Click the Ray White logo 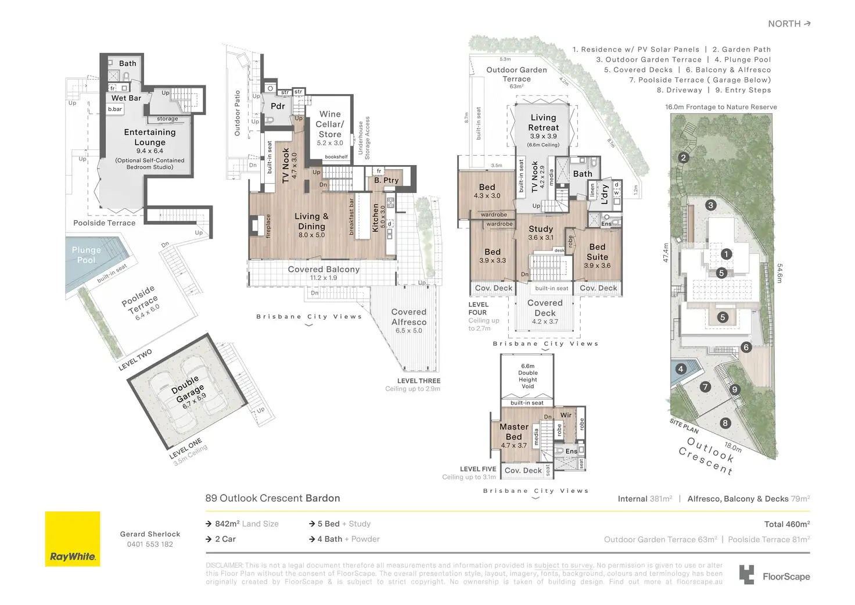(x=73, y=539)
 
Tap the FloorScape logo (x=774, y=575)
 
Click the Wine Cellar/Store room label (x=330, y=124)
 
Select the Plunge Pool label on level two (x=86, y=255)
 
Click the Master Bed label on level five (x=514, y=432)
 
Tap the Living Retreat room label (x=543, y=123)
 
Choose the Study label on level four (x=541, y=229)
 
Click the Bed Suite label (x=597, y=252)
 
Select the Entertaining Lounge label (x=150, y=137)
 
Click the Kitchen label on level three (x=376, y=218)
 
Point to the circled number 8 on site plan (x=725, y=423)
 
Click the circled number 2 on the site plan (x=684, y=157)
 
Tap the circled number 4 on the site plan (x=681, y=369)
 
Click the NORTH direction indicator (x=789, y=24)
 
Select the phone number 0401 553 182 (x=150, y=545)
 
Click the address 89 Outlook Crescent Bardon (x=272, y=498)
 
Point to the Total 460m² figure (x=787, y=524)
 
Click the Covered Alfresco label (x=409, y=317)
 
